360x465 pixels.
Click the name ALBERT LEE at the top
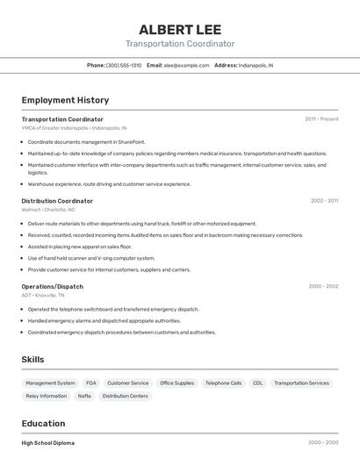[x=180, y=29]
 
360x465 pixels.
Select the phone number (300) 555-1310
[x=124, y=65]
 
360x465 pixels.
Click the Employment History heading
[x=65, y=100]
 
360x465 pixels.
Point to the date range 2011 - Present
[x=321, y=119]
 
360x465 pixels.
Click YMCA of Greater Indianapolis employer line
[x=74, y=128]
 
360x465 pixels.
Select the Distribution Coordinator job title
[x=57, y=201]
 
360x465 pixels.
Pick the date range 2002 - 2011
[x=324, y=201]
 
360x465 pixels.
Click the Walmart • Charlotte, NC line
[x=48, y=210]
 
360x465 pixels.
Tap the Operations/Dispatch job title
[x=53, y=286]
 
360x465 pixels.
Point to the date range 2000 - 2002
[x=323, y=286]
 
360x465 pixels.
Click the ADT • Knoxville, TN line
[x=43, y=296]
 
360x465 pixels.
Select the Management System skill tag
[x=50, y=383]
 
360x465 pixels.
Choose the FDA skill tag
[x=91, y=383]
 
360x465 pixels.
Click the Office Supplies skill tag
[x=176, y=383]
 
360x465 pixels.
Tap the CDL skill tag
[x=257, y=383]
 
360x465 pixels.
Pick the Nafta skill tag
[x=84, y=397]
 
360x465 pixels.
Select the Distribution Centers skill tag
[x=126, y=397]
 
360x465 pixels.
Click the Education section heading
[x=44, y=423]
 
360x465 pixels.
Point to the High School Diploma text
[x=48, y=443]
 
